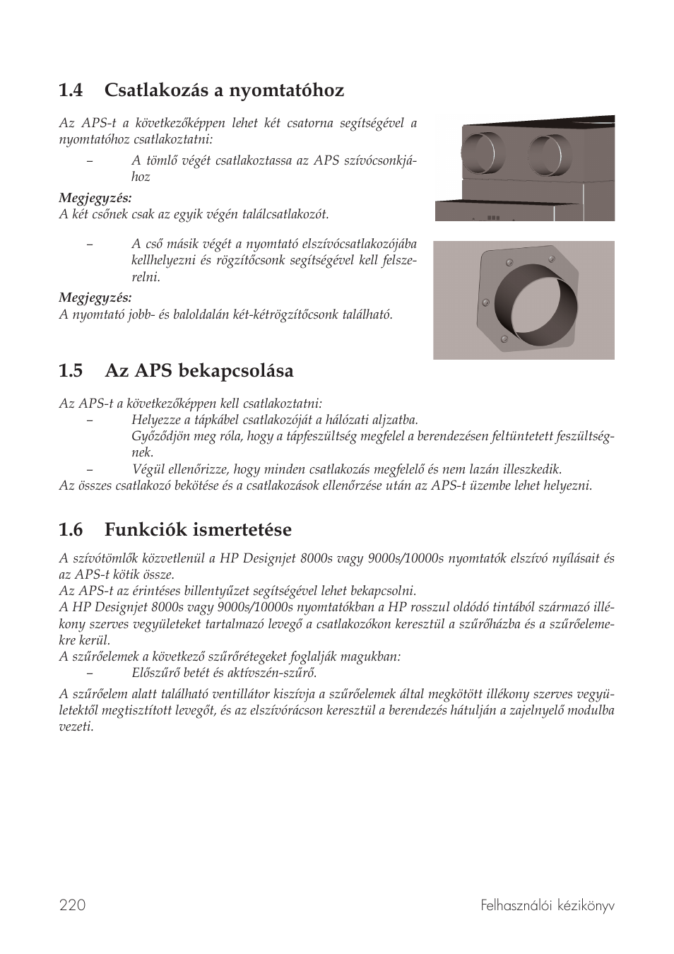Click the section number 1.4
point(71,90)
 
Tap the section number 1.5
point(71,371)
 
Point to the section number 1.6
point(71,530)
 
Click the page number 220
point(72,905)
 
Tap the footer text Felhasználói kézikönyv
point(547,905)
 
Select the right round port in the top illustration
point(550,157)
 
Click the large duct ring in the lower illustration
point(535,301)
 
